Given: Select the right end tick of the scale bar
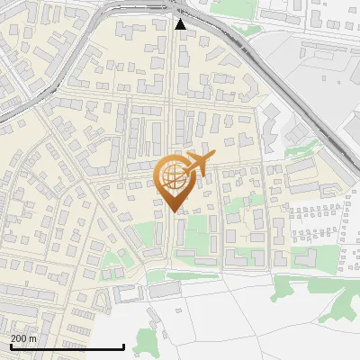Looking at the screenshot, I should point(123,345).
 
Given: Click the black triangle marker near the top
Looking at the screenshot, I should point(181,24).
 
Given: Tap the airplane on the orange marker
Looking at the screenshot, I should point(198,165).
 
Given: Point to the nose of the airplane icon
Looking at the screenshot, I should point(211,158).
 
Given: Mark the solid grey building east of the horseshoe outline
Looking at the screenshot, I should point(162,291).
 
